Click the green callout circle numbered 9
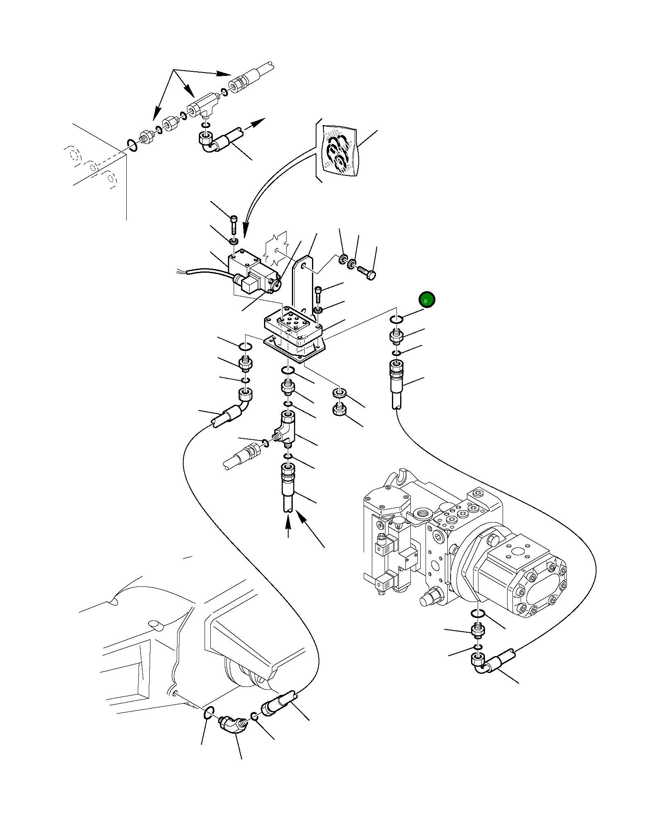[426, 300]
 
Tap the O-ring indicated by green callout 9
[396, 320]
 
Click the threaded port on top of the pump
[422, 513]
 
